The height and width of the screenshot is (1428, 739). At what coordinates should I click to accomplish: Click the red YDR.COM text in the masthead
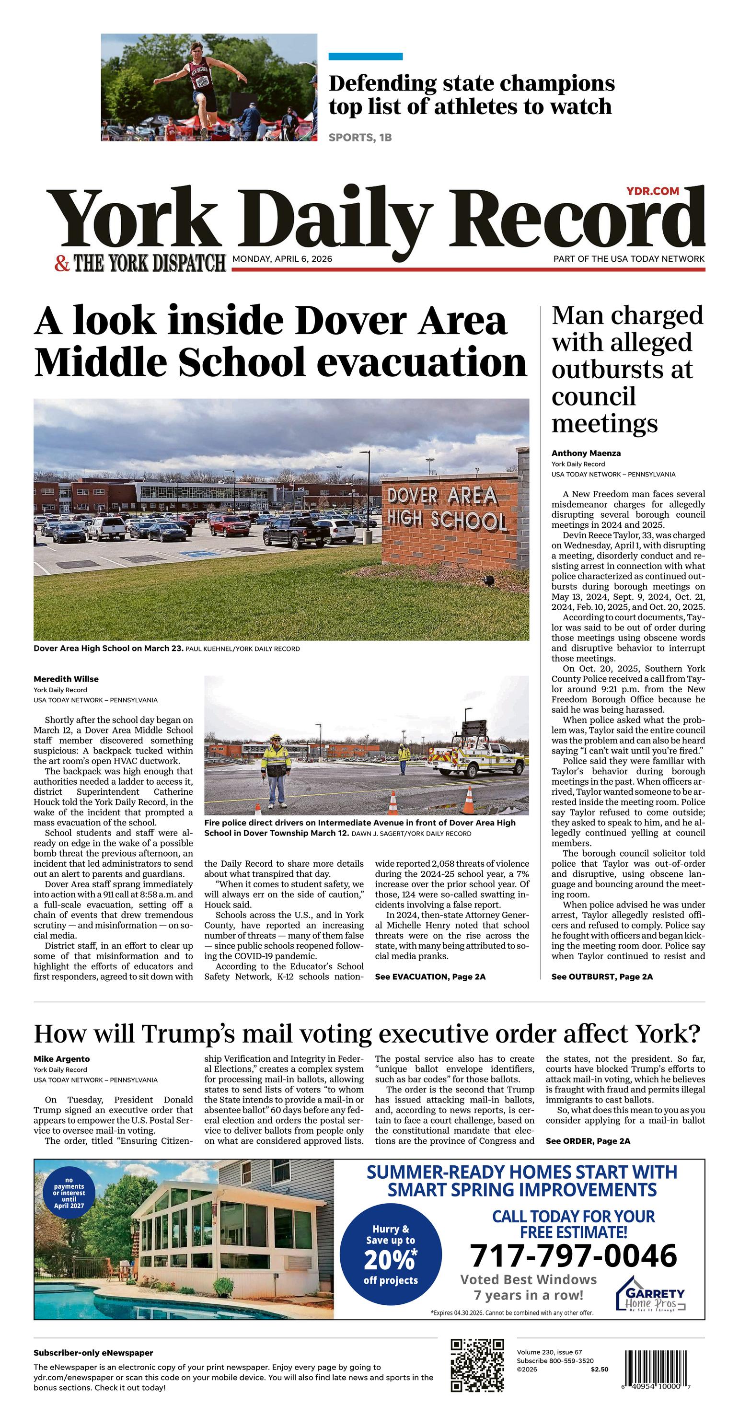(653, 191)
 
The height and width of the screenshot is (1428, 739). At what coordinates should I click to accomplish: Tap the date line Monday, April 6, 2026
(282, 259)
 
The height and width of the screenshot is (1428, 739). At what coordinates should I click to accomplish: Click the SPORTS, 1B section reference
(360, 138)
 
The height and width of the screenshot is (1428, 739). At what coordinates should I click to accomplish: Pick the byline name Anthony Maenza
(586, 453)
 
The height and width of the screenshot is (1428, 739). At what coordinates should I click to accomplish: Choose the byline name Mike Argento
(61, 1059)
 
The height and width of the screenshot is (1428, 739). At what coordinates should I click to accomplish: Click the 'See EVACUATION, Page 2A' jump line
(430, 976)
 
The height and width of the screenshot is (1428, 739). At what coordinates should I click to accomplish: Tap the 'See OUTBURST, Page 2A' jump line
(601, 976)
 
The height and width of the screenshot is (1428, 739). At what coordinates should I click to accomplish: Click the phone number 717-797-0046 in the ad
(573, 1255)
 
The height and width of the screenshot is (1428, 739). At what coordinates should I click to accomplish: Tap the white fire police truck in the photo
(480, 758)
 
